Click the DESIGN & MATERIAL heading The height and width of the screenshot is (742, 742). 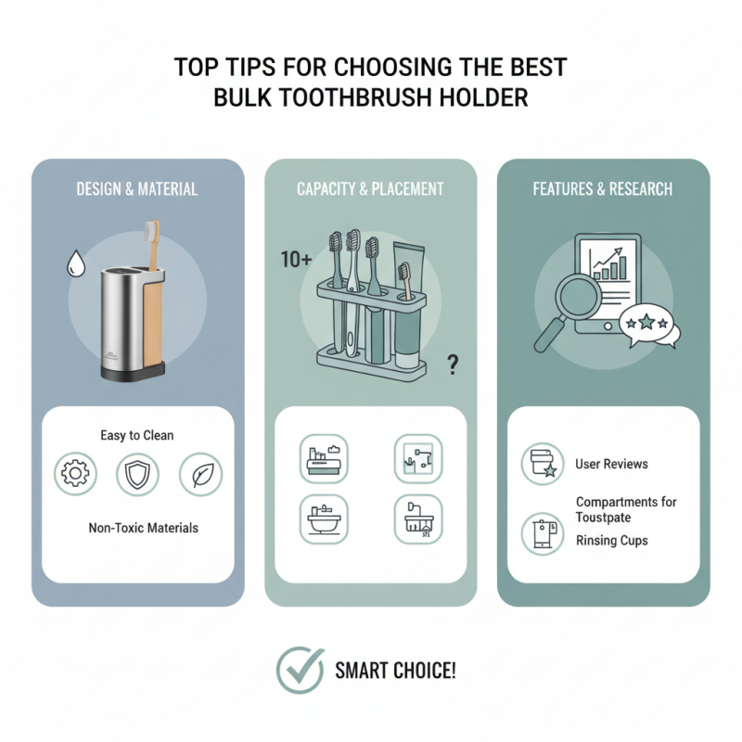137,189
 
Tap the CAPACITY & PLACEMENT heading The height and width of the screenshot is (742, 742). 370,189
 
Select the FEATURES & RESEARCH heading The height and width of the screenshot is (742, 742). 603,189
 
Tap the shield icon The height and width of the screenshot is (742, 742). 136,474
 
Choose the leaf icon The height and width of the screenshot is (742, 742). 199,474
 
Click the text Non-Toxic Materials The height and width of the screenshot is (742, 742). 143,528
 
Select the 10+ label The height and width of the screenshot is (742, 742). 296,261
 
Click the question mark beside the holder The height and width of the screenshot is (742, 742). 453,365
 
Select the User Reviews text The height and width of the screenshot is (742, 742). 611,464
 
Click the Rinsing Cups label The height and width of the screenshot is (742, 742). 612,541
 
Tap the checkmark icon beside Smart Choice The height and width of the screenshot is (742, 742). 299,671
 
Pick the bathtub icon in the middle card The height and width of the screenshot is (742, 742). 322,518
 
